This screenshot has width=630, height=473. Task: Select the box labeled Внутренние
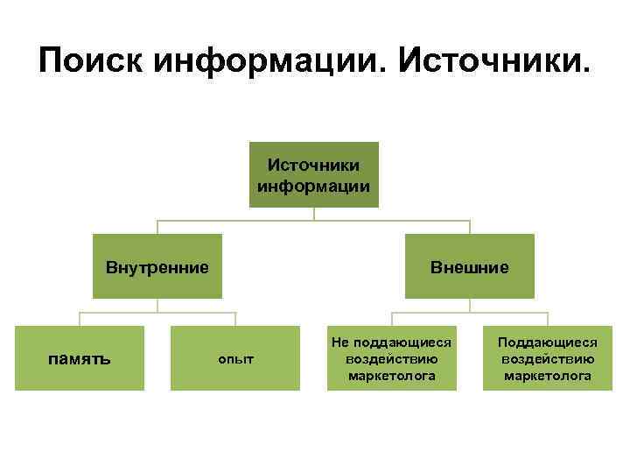157,266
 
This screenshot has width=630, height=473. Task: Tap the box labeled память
79,358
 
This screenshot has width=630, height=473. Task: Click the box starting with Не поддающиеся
391,358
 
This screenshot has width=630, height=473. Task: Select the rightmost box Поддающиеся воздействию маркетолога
547,358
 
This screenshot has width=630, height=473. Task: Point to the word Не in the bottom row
339,343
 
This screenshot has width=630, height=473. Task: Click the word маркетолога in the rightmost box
547,376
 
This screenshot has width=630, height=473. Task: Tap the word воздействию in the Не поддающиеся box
391,359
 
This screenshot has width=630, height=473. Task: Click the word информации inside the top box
314,186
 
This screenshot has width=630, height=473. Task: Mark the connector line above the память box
80,319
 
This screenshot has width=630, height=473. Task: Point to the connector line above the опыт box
235,319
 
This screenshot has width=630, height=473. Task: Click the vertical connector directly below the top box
314,214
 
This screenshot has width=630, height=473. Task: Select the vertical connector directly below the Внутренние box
157,305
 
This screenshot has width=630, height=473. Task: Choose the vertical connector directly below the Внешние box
470,305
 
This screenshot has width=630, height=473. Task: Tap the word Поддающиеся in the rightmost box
547,343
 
